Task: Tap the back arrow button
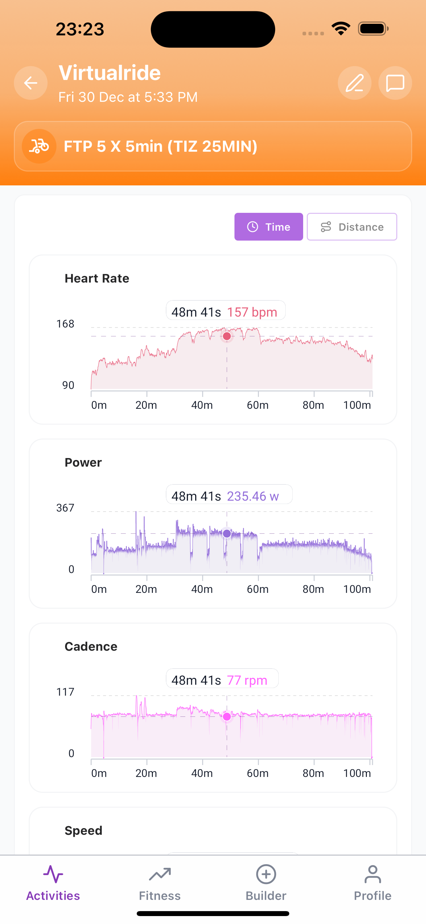pyautogui.click(x=30, y=83)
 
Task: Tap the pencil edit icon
pyautogui.click(x=354, y=83)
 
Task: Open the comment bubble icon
pyautogui.click(x=395, y=83)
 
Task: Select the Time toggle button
pyautogui.click(x=268, y=227)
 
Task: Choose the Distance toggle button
pyautogui.click(x=352, y=227)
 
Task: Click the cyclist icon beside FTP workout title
pyautogui.click(x=39, y=146)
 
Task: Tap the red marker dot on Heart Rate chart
pyautogui.click(x=227, y=336)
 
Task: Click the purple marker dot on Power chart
pyautogui.click(x=227, y=533)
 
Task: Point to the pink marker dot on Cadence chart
pyautogui.click(x=227, y=716)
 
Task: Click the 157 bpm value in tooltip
pyautogui.click(x=252, y=312)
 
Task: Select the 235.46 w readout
pyautogui.click(x=253, y=496)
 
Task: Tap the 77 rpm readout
pyautogui.click(x=247, y=680)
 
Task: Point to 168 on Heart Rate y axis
pyautogui.click(x=65, y=324)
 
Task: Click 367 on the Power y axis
pyautogui.click(x=65, y=508)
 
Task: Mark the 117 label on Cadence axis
pyautogui.click(x=65, y=692)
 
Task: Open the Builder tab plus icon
pyautogui.click(x=266, y=874)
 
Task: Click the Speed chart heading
pyautogui.click(x=83, y=830)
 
